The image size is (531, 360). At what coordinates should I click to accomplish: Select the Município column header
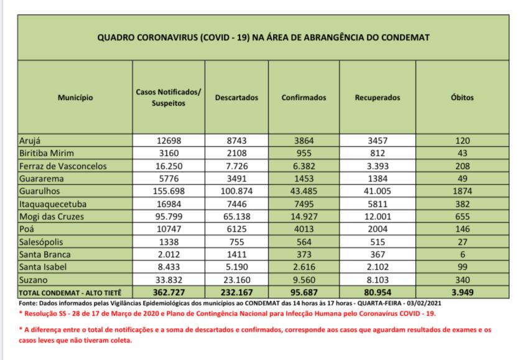75,98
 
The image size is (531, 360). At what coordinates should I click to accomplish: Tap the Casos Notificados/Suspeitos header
168,98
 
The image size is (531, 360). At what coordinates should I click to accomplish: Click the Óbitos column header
461,98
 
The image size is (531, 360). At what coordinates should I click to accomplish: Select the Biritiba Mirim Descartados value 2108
236,153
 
